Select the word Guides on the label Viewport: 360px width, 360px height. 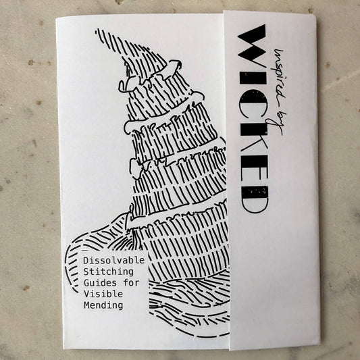[97, 283]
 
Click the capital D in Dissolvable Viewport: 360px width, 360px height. [85, 260]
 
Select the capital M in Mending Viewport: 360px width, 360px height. [85, 306]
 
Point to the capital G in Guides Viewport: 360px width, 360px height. [85, 283]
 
